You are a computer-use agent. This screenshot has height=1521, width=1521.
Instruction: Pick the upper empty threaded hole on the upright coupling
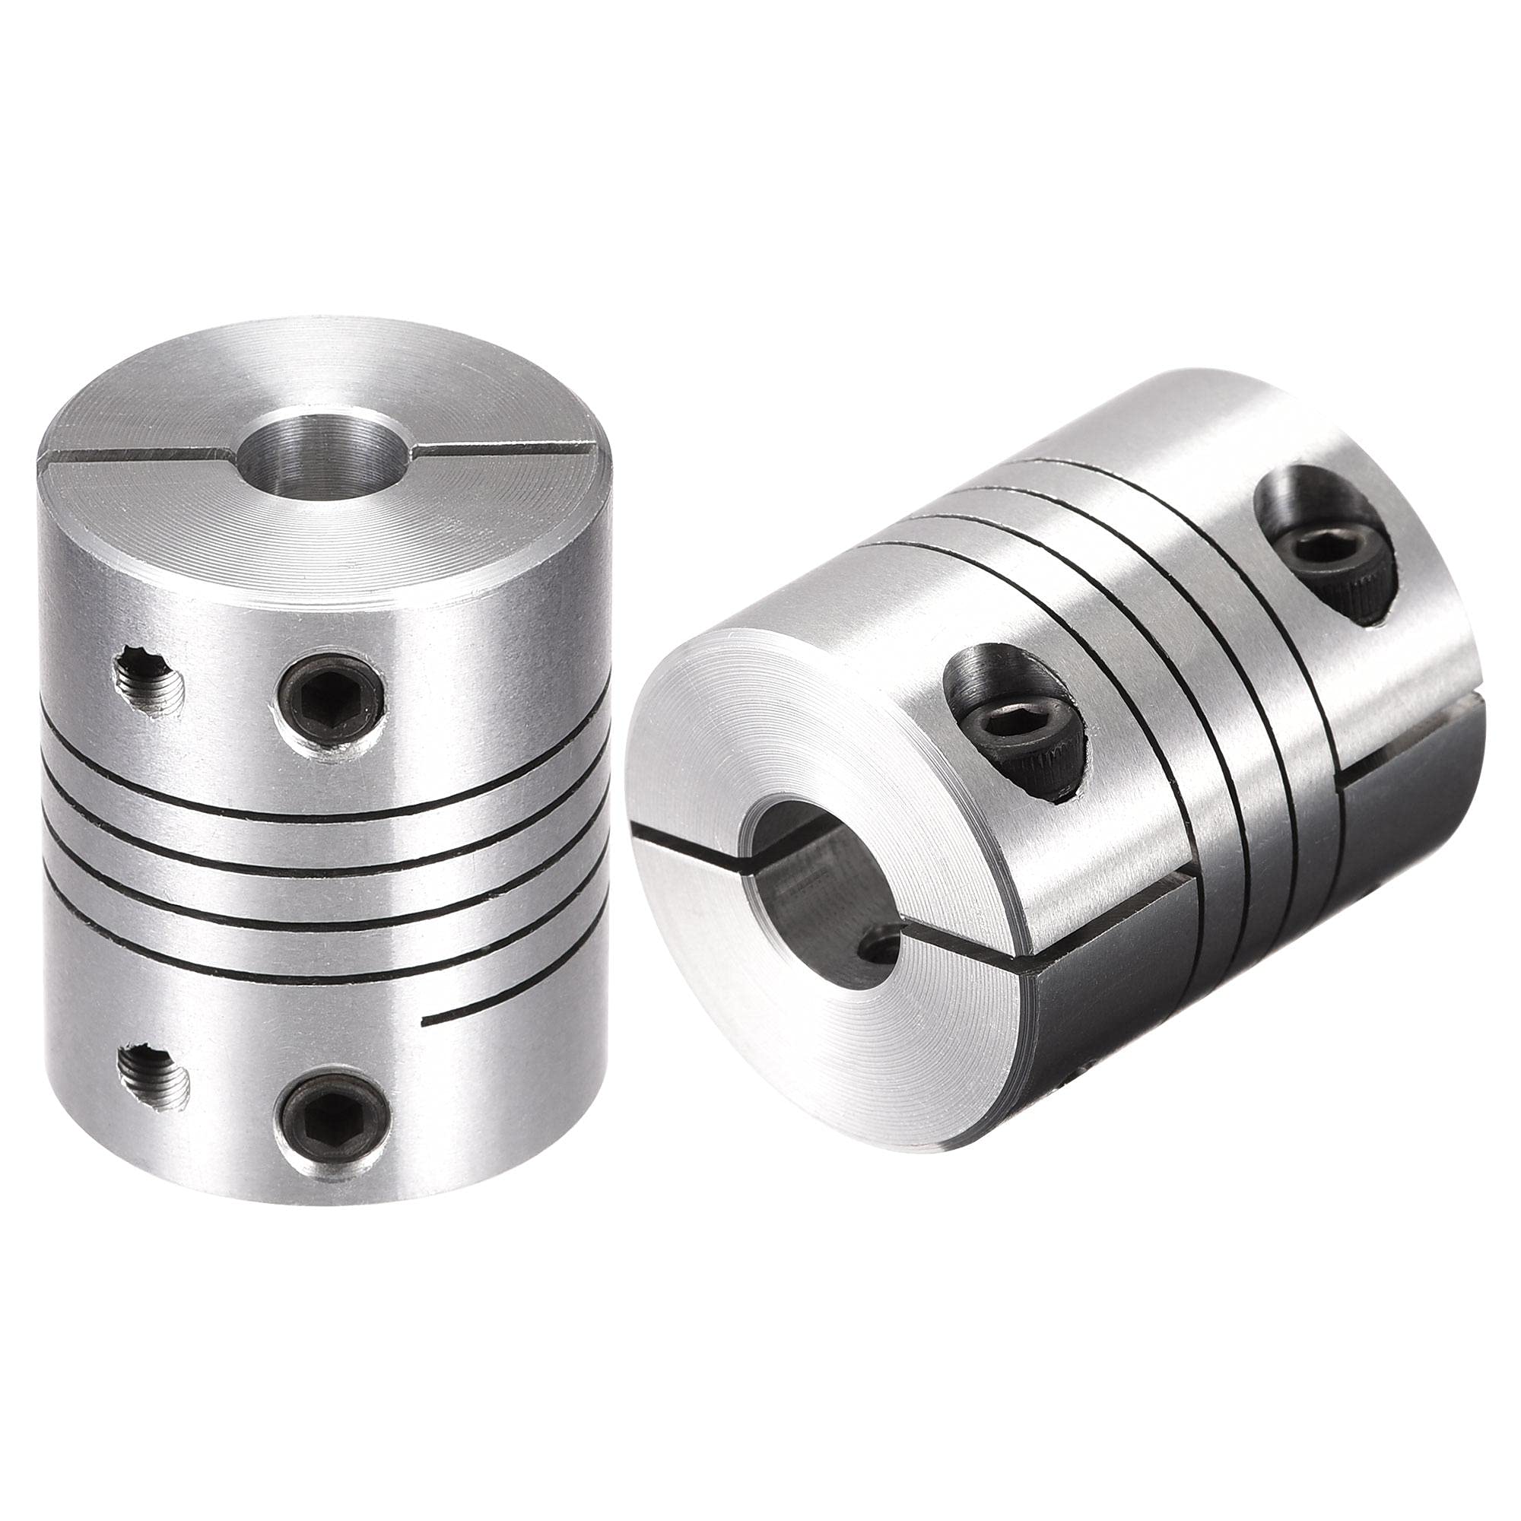click(x=150, y=675)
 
